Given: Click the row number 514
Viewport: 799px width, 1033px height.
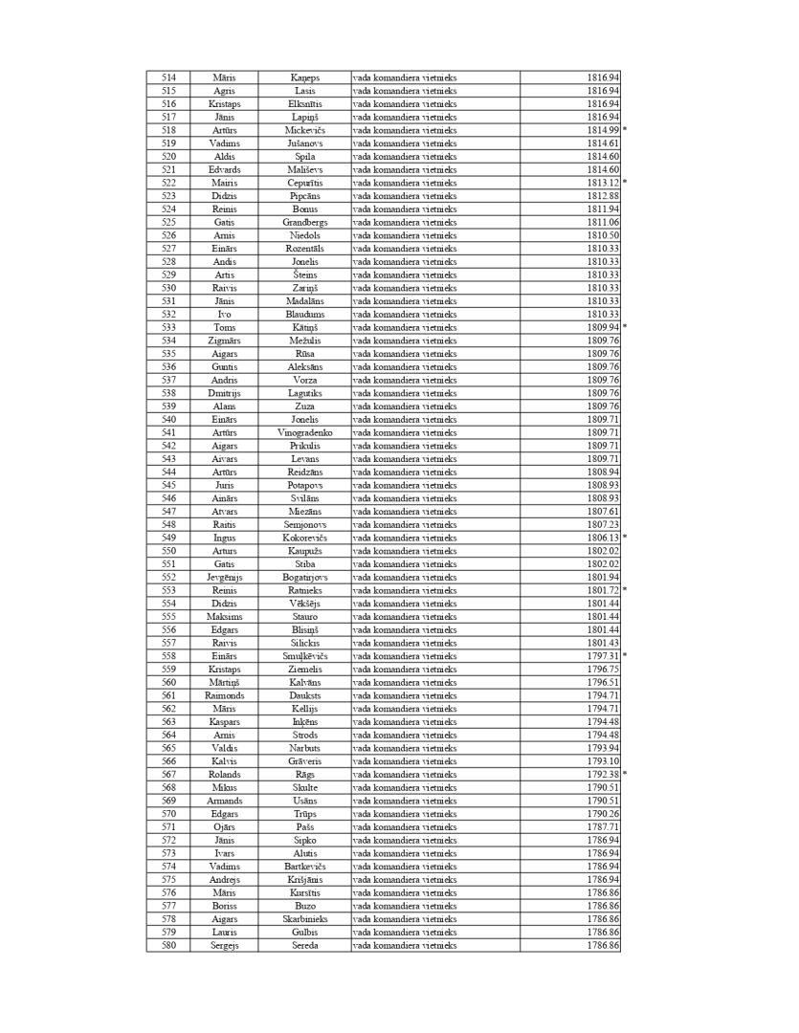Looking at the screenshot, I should click(x=168, y=77).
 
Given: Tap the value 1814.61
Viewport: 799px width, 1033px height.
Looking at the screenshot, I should click(x=603, y=143).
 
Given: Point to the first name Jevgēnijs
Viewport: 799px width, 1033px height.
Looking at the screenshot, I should click(x=225, y=578).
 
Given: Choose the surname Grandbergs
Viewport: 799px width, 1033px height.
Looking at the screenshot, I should click(x=305, y=222).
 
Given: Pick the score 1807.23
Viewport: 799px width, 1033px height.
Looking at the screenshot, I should click(x=603, y=525).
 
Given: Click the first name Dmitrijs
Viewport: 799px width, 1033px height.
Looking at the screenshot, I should click(x=225, y=393).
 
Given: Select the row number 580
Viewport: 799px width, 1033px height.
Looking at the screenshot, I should click(x=168, y=946).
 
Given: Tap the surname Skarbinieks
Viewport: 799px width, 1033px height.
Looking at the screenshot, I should click(x=305, y=919).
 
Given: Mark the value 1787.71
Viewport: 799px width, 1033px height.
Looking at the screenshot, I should click(x=603, y=827).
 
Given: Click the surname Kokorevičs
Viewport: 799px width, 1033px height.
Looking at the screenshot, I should click(x=305, y=538).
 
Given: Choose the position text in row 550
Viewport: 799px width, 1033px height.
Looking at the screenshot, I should click(x=405, y=551).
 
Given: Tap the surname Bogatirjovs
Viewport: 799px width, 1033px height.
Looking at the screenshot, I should click(x=305, y=578).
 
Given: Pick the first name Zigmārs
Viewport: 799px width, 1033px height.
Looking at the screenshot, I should click(x=225, y=341).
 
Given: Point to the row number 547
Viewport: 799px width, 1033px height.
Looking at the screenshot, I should click(x=168, y=512).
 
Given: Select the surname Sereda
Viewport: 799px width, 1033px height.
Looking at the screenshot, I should click(x=305, y=946).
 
